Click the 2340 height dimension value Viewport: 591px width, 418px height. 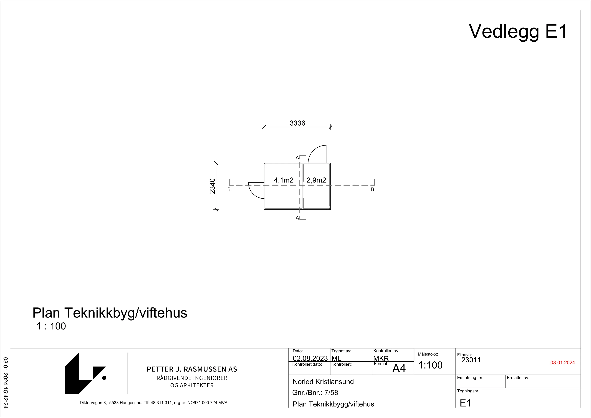click(212, 186)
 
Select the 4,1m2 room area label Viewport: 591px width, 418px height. click(283, 180)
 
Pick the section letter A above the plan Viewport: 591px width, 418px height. click(297, 158)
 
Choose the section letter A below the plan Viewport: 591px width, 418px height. click(297, 218)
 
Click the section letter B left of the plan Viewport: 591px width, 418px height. click(229, 190)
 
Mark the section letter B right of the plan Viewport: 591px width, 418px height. click(372, 190)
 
